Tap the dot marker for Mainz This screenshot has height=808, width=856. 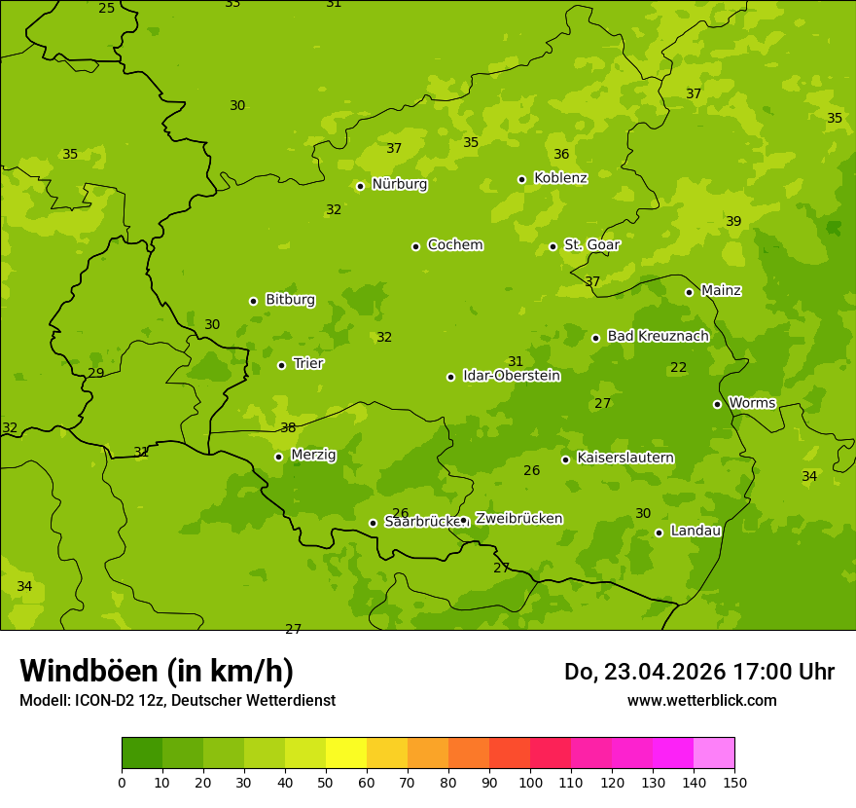(689, 292)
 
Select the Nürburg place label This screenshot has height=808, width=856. (399, 184)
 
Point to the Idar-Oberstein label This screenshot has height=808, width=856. (511, 376)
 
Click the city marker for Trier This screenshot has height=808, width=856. (282, 365)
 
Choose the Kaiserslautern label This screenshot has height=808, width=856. (625, 458)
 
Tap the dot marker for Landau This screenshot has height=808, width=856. (659, 533)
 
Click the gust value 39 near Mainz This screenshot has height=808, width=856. (733, 222)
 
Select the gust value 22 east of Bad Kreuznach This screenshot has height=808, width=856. (678, 368)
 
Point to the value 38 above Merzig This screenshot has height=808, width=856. (288, 427)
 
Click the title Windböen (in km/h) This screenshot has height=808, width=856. (157, 671)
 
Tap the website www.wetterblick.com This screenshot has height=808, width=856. (701, 700)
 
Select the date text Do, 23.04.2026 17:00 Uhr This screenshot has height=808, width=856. (698, 672)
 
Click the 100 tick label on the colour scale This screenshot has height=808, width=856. (530, 782)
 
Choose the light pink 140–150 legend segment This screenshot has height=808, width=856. (714, 753)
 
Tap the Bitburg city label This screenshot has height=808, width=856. (290, 300)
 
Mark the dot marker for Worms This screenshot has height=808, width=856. (717, 404)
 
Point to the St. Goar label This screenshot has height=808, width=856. (591, 245)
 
